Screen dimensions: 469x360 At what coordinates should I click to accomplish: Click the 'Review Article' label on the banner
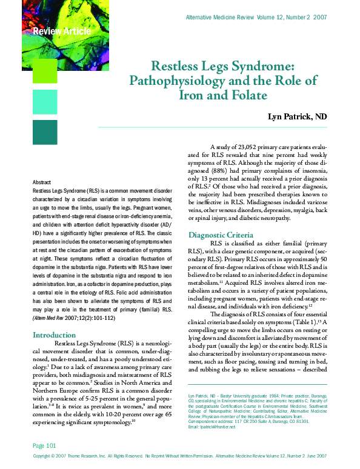[62, 31]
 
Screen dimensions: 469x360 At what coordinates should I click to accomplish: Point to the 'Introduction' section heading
[54, 335]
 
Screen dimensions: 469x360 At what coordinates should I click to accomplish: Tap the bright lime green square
[44, 69]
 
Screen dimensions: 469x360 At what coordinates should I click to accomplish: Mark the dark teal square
[44, 131]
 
